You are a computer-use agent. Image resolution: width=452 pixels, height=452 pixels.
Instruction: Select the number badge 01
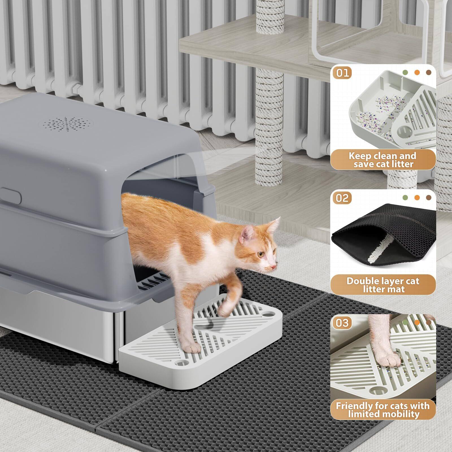tap(342, 73)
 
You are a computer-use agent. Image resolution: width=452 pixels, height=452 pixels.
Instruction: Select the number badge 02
tap(342, 198)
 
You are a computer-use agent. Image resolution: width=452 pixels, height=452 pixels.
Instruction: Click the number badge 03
tap(342, 322)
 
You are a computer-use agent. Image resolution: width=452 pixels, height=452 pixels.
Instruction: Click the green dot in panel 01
tap(406, 72)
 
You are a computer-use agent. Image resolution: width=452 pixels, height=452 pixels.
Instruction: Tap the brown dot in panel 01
tap(429, 72)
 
